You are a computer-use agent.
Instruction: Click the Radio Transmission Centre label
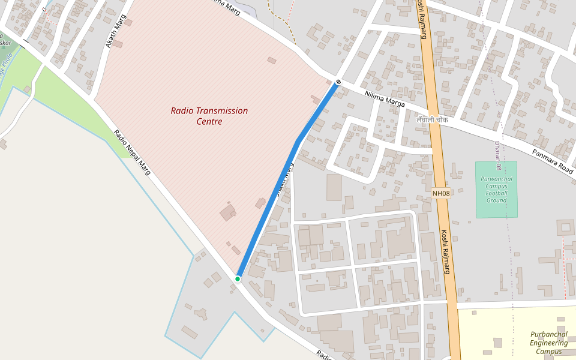point(209,116)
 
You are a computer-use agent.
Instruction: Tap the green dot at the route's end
point(238,279)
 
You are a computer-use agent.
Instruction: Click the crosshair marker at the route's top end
point(339,82)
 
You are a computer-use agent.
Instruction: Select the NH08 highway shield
point(441,193)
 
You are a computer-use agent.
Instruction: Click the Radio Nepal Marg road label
point(132,153)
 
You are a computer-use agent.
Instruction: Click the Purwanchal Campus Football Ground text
point(496,189)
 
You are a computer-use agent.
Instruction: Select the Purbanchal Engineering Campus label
point(548,343)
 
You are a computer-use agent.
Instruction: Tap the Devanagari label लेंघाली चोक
point(432,120)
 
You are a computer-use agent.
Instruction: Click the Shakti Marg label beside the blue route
point(284,179)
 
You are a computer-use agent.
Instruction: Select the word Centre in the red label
point(209,122)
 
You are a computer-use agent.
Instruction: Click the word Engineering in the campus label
point(548,343)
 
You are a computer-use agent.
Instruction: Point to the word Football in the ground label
point(496,193)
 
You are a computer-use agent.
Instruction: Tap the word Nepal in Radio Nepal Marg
point(132,153)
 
